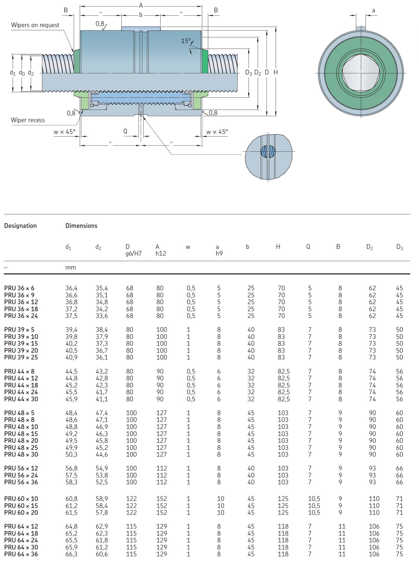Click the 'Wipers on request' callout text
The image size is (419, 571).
pyautogui.click(x=35, y=25)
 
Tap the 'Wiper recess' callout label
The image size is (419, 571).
pyautogui.click(x=28, y=120)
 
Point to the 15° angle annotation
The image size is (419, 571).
pyautogui.click(x=186, y=41)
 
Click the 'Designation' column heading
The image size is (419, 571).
pyautogui.click(x=20, y=226)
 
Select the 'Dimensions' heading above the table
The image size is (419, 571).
pyautogui.click(x=81, y=226)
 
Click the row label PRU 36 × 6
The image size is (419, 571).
pyautogui.click(x=19, y=288)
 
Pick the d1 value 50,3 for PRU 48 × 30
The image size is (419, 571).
pyautogui.click(x=71, y=454)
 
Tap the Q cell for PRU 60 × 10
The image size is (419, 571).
pyautogui.click(x=314, y=499)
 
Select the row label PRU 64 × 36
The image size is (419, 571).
pyautogui.click(x=21, y=554)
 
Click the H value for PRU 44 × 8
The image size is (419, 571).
pyautogui.click(x=284, y=371)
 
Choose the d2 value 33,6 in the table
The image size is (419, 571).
pyautogui.click(x=102, y=316)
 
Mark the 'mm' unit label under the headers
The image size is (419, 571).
pyautogui.click(x=70, y=267)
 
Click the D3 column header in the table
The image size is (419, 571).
pyautogui.click(x=399, y=247)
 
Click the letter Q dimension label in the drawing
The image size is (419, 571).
pyautogui.click(x=125, y=131)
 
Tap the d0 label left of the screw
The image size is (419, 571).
pyautogui.click(x=22, y=73)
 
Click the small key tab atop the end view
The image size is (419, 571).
pyautogui.click(x=361, y=28)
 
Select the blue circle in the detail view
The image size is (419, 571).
pyautogui.click(x=268, y=151)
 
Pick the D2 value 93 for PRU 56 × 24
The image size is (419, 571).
pyautogui.click(x=372, y=475)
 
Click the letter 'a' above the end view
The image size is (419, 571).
pyautogui.click(x=373, y=10)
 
